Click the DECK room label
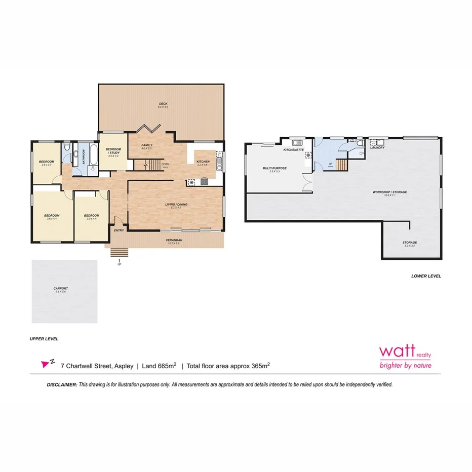(163, 103)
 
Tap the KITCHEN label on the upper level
(203, 162)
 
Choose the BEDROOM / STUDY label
(113, 150)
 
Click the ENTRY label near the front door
(119, 230)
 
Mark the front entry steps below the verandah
(119, 252)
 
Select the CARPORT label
(61, 288)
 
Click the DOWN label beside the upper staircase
(165, 165)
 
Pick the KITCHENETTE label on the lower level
(293, 150)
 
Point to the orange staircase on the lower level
(342, 165)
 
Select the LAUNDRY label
(377, 147)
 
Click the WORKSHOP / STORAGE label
(389, 192)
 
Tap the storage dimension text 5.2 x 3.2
(409, 246)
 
